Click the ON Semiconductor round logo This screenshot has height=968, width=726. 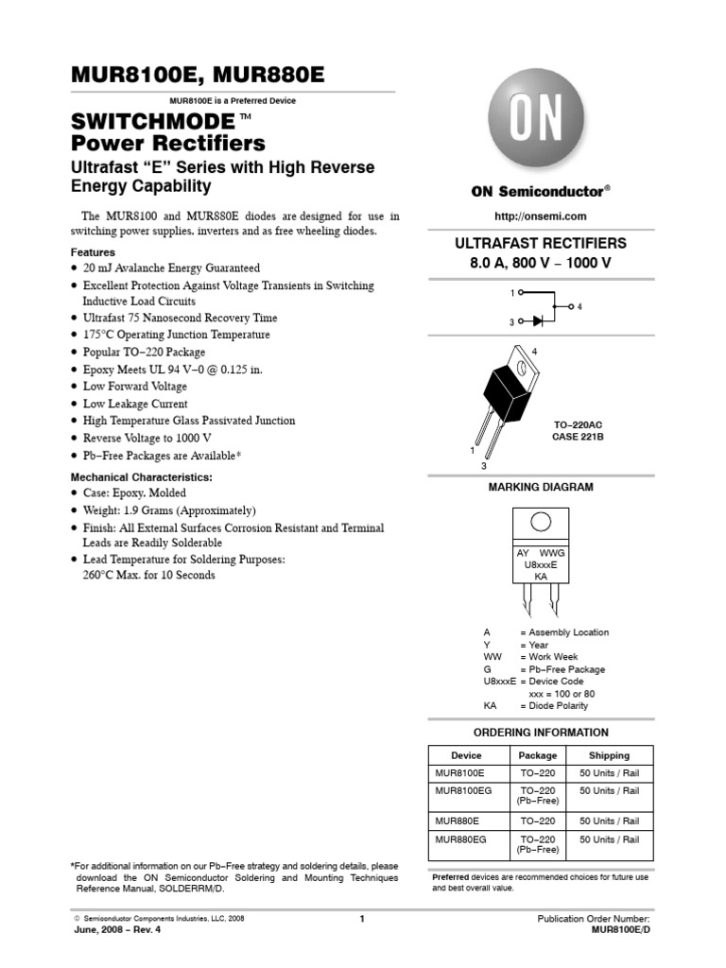coord(536,121)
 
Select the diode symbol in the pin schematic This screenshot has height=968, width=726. coord(537,321)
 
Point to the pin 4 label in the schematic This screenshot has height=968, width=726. coord(579,307)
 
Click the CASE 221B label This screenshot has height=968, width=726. coord(578,438)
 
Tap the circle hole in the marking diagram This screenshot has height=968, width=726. coord(541,522)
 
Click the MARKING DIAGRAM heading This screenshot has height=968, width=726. coord(540,487)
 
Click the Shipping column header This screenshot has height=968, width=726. coord(609,755)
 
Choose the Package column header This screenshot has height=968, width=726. coord(538,755)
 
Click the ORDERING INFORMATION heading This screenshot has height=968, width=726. coord(540,733)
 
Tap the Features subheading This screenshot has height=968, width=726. coord(93,252)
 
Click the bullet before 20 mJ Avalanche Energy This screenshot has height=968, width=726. coord(75,268)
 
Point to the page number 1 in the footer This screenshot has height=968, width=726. coord(362,918)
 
